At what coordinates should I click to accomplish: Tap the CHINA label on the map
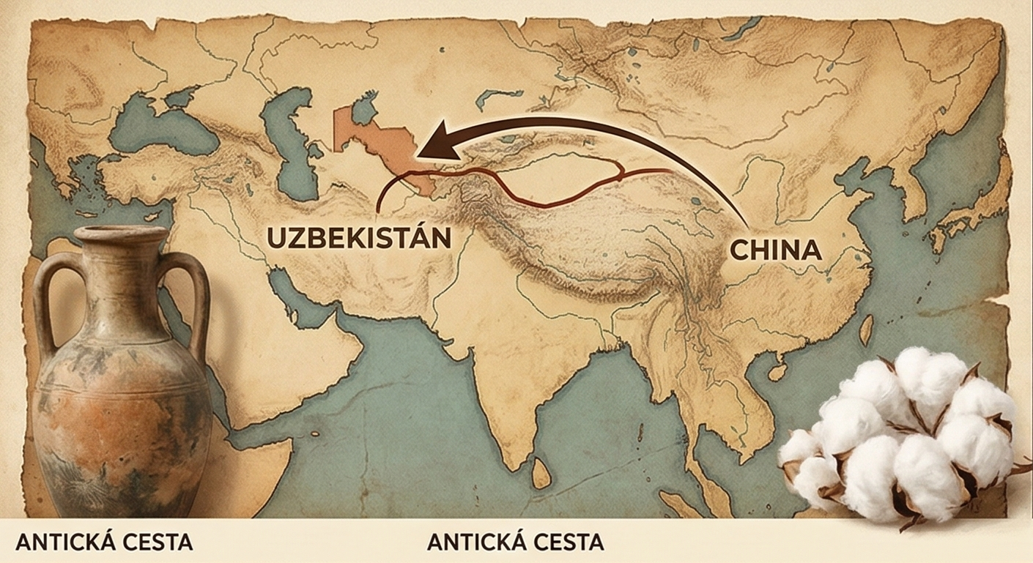pos(775,250)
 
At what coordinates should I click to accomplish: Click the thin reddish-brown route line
pos(557,198)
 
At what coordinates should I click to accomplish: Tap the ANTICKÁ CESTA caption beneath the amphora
pos(104,543)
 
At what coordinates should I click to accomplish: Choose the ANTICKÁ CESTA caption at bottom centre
pos(515,543)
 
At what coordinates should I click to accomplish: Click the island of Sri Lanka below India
pos(541,472)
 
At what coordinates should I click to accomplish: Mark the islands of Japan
pos(967,212)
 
